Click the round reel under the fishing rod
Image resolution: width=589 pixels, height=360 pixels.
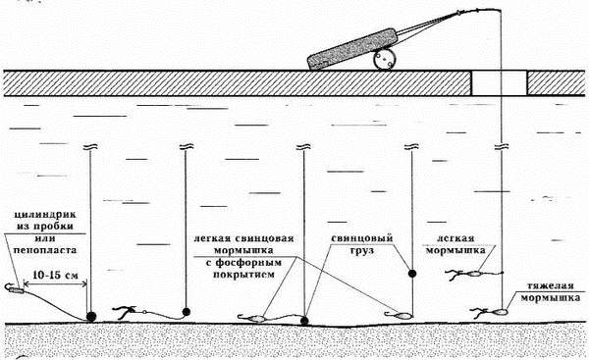pos(385,60)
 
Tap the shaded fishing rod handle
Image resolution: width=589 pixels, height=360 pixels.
pos(352,49)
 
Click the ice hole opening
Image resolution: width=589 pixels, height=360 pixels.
pos(500,83)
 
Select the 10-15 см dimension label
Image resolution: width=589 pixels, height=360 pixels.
pos(56,275)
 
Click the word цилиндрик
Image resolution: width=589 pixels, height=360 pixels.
pos(45,215)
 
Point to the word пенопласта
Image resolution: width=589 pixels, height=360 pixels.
pos(45,249)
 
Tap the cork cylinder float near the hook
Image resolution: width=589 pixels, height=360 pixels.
pos(17,290)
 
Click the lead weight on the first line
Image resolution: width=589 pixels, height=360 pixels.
pos(91,317)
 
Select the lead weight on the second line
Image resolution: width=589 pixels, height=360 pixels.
pos(186,311)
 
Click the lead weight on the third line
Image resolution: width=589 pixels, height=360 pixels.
pos(304,321)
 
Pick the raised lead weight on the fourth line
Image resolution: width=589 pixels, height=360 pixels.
pos(412,274)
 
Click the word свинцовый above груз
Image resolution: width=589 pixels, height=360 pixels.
pos(361,238)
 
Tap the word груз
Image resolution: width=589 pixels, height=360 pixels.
pos(362,250)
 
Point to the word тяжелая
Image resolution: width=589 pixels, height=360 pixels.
pos(551,286)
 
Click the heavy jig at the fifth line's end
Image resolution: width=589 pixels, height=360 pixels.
pos(499,311)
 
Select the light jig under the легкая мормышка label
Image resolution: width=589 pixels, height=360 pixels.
pos(474,274)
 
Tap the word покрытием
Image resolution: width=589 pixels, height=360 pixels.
pos(243,275)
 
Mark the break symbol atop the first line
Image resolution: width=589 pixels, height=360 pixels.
pos(89,146)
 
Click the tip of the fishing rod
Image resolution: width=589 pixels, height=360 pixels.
pos(501,12)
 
